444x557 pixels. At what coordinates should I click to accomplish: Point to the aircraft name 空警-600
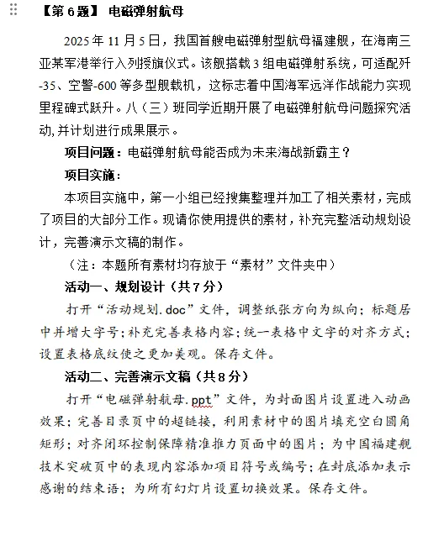pyautogui.click(x=98, y=86)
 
